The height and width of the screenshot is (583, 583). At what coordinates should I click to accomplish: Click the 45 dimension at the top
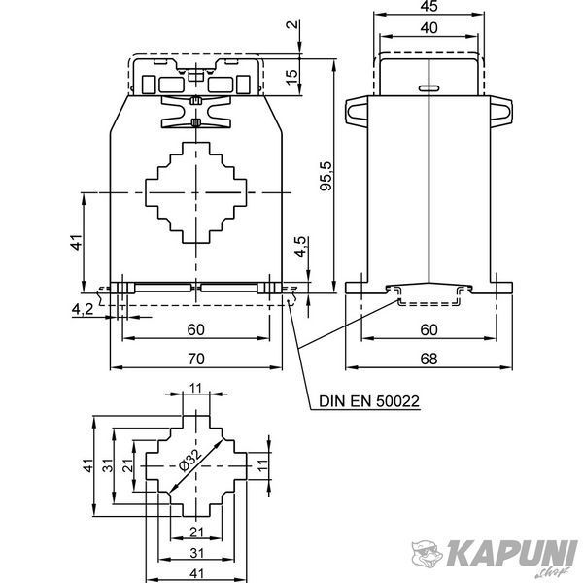pyautogui.click(x=429, y=6)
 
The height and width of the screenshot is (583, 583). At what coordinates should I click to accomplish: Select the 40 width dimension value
pyautogui.click(x=429, y=28)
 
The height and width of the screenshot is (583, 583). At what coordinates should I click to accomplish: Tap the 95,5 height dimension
pyautogui.click(x=326, y=176)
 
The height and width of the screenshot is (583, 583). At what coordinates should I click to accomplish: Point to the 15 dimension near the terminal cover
pyautogui.click(x=292, y=76)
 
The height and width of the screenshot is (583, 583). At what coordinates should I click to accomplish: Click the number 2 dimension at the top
pyautogui.click(x=292, y=24)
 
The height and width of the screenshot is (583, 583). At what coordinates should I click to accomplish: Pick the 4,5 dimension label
pyautogui.click(x=301, y=247)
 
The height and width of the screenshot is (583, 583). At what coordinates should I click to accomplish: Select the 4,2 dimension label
pyautogui.click(x=83, y=309)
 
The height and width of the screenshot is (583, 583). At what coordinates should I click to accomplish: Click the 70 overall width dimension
pyautogui.click(x=196, y=359)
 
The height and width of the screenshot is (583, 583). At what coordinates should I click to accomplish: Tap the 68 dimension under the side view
pyautogui.click(x=429, y=359)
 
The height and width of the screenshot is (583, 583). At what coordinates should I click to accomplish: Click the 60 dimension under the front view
pyautogui.click(x=196, y=329)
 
